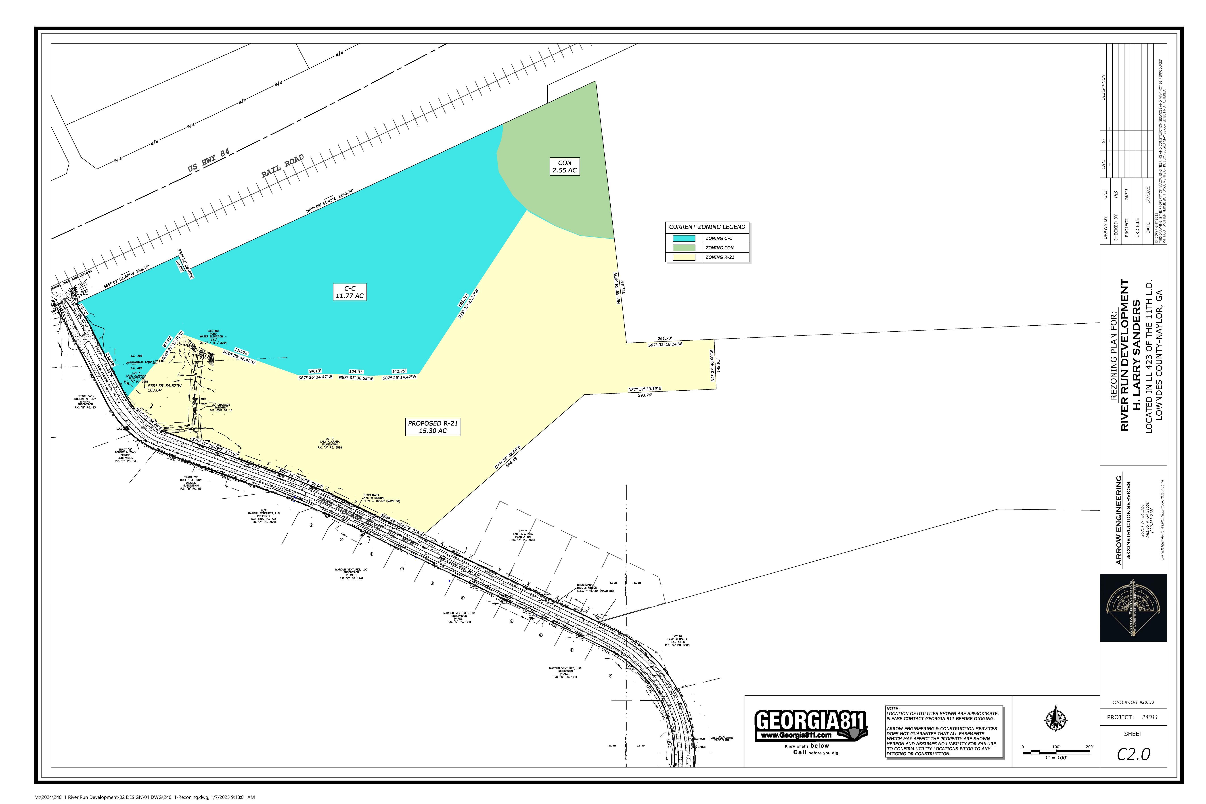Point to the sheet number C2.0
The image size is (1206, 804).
(x=1134, y=754)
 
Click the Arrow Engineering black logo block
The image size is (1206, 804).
(x=1133, y=608)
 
